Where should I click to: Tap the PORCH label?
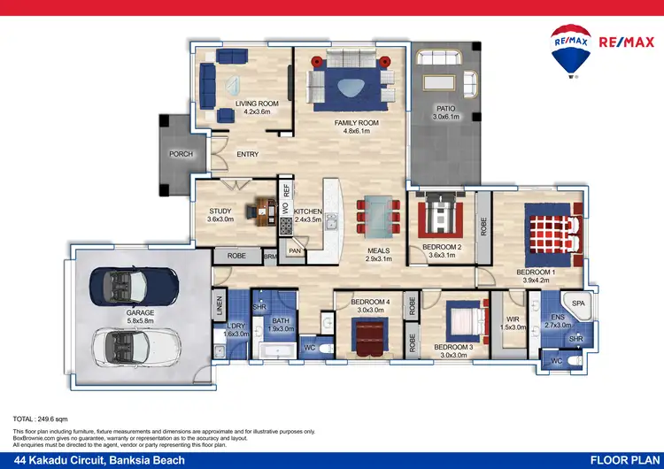tap(181, 154)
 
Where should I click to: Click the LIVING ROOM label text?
tap(257, 104)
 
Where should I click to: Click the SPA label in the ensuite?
tap(578, 304)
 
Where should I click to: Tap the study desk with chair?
tap(262, 210)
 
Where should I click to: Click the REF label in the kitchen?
tap(286, 188)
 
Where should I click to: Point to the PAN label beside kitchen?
tap(295, 251)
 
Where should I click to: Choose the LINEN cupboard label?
tap(220, 307)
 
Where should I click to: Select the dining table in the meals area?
tap(379, 213)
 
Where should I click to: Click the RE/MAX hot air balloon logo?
tap(571, 50)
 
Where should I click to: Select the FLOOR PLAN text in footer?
tap(622, 459)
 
